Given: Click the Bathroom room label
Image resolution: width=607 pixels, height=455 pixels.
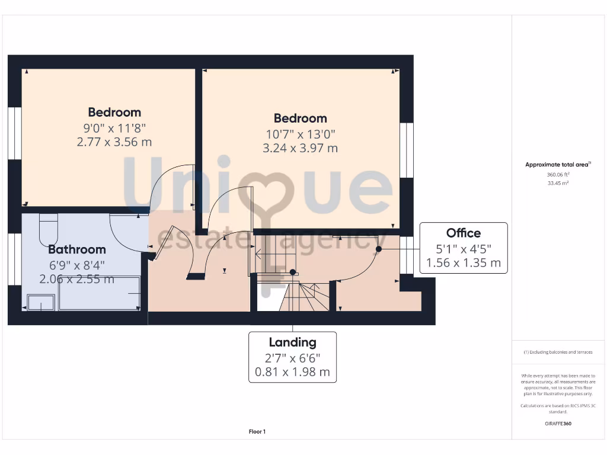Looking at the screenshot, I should click(x=77, y=249).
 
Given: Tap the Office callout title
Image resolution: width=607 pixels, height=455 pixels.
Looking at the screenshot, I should click(x=464, y=233).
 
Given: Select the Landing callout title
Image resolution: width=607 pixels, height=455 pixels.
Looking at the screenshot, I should click(x=292, y=342).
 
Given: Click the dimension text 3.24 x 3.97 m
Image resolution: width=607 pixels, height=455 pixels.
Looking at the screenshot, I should click(x=300, y=148).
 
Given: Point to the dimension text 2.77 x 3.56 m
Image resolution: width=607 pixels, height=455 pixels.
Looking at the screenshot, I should click(x=114, y=142).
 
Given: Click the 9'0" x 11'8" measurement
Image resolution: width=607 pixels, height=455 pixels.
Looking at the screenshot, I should click(x=114, y=127).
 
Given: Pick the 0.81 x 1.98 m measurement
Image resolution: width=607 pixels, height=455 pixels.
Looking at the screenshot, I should click(x=292, y=373).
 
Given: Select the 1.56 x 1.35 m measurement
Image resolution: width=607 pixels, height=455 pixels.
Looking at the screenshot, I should click(x=464, y=262).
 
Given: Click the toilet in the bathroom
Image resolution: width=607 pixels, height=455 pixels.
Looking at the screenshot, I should click(x=48, y=228).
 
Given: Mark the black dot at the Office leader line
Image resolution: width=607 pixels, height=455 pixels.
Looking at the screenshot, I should click(x=378, y=249).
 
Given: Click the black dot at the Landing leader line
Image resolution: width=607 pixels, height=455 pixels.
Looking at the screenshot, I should click(x=292, y=273).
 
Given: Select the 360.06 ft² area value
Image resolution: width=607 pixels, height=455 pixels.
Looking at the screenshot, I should click(x=557, y=175).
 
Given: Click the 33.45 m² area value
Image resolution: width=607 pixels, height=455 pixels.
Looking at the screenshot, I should click(x=557, y=183).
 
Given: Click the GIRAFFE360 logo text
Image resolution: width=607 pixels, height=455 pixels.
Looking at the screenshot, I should click(x=557, y=424).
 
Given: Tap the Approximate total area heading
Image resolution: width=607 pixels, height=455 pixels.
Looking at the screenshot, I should click(x=557, y=165).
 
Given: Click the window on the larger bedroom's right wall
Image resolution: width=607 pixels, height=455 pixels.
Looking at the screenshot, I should click(x=406, y=150).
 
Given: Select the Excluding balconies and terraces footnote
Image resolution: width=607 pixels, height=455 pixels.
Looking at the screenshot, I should click(x=557, y=352).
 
